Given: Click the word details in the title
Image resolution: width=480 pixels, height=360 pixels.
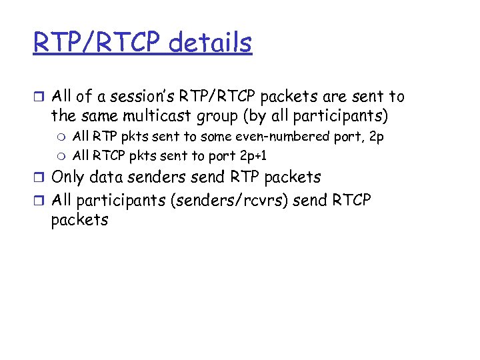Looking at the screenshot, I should tap(210, 43).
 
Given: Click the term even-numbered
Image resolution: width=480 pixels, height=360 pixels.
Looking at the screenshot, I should tap(281, 137).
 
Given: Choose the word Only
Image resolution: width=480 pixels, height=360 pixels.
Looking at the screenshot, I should tap(69, 178).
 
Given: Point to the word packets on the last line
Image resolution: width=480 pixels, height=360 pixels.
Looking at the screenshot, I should tap(79, 220).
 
